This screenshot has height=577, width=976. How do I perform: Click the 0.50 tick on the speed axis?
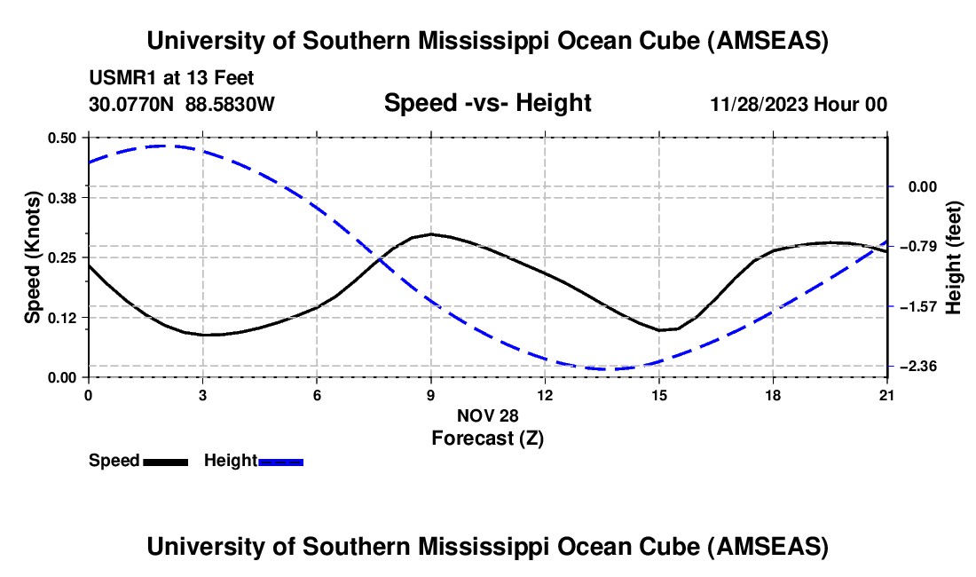pyautogui.click(x=63, y=138)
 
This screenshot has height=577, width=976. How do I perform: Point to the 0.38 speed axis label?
pyautogui.click(x=63, y=197)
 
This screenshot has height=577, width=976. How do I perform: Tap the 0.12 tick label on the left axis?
pyautogui.click(x=63, y=317)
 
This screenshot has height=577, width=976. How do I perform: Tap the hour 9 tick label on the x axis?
pyautogui.click(x=431, y=395)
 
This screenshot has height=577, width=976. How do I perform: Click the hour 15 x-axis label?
pyautogui.click(x=659, y=395)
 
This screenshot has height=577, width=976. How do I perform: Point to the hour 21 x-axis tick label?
pyautogui.click(x=887, y=395)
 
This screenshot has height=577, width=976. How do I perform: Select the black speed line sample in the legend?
pyautogui.click(x=165, y=462)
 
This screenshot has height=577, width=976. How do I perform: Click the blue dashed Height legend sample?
pyautogui.click(x=280, y=462)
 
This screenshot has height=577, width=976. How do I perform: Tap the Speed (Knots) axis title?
pyautogui.click(x=33, y=257)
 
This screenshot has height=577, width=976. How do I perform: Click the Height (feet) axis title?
pyautogui.click(x=954, y=257)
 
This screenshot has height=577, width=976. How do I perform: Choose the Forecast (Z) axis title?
pyautogui.click(x=487, y=438)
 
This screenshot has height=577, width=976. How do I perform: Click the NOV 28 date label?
pyautogui.click(x=487, y=415)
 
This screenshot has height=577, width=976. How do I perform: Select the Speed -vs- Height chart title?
pyautogui.click(x=487, y=104)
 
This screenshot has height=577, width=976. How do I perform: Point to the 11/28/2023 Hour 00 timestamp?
pyautogui.click(x=799, y=105)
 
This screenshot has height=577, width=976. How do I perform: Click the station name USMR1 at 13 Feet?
pyautogui.click(x=171, y=79)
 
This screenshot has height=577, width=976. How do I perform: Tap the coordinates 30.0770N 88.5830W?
pyautogui.click(x=182, y=105)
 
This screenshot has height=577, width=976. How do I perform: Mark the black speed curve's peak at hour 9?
pyautogui.click(x=431, y=233)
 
